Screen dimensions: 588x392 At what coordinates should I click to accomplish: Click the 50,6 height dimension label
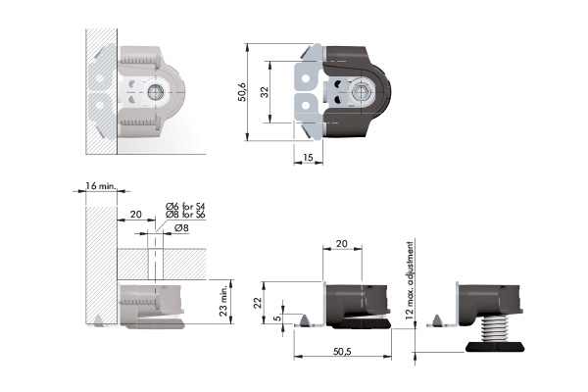243,92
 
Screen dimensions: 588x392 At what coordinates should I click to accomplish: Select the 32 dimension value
265,92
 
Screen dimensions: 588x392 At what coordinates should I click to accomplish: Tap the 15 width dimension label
308,158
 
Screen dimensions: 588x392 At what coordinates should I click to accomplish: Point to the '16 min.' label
101,185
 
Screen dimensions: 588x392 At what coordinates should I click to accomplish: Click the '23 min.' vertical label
223,301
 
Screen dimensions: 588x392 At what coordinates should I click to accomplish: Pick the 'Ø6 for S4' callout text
185,207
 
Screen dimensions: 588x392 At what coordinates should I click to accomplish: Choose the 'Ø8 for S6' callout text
185,215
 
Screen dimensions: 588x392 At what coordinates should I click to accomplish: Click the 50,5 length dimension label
342,352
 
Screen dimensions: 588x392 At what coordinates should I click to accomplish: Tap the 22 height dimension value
258,303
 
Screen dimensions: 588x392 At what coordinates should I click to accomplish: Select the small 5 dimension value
277,318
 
